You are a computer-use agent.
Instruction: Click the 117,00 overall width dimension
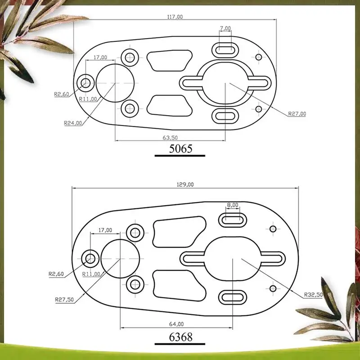(x=175, y=17)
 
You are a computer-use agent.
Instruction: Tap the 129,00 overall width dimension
(x=185, y=184)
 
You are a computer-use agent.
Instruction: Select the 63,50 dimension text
(x=170, y=138)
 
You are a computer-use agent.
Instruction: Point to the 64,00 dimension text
(x=176, y=324)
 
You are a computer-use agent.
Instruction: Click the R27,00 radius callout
(x=297, y=114)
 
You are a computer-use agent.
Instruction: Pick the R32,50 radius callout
(x=313, y=295)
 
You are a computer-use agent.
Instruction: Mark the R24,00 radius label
(x=73, y=123)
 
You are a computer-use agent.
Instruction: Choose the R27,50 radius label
(x=64, y=300)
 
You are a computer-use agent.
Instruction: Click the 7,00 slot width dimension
(x=225, y=28)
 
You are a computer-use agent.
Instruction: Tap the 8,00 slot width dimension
(x=233, y=205)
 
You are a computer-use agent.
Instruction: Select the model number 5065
(x=180, y=148)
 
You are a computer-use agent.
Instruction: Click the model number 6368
(x=181, y=337)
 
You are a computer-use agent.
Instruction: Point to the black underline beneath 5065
(x=180, y=156)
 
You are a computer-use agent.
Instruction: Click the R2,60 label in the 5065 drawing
(x=62, y=94)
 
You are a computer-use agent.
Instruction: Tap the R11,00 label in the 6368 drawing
(x=91, y=274)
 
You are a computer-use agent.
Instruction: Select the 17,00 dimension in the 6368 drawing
(x=105, y=230)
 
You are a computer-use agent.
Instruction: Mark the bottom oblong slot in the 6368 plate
(x=233, y=297)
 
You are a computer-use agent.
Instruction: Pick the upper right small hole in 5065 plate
(x=259, y=57)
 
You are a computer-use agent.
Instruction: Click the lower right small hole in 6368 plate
(x=273, y=288)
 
